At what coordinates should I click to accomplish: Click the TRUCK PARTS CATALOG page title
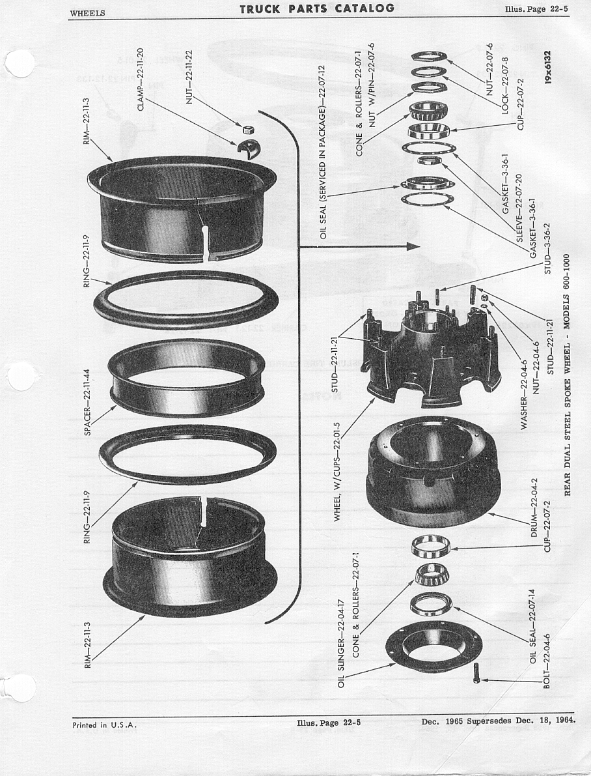click(317, 8)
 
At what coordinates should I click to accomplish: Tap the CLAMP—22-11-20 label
click(140, 79)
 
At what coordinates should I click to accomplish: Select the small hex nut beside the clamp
click(249, 130)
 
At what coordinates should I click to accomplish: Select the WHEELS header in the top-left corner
click(87, 14)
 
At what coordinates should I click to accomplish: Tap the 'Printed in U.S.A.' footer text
click(104, 725)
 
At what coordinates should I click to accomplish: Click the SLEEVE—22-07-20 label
click(519, 207)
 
